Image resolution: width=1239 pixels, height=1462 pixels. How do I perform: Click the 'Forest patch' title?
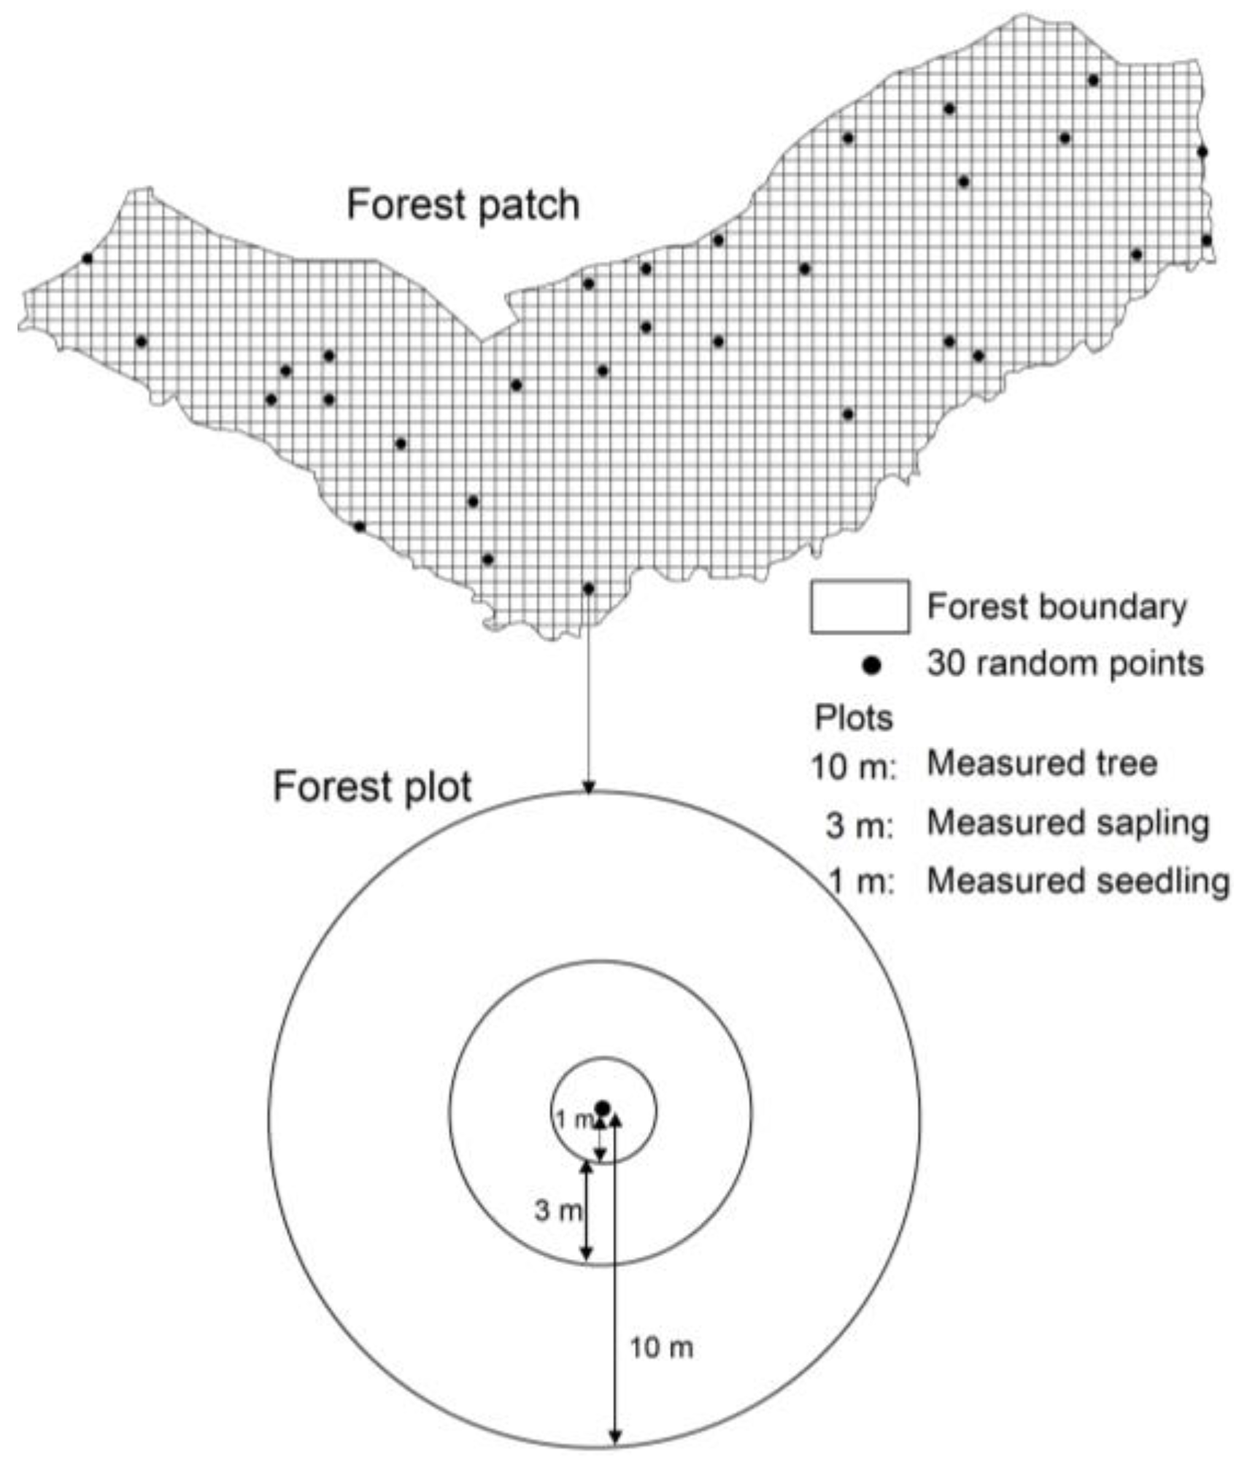point(463,205)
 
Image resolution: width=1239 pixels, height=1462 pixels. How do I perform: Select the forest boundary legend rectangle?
point(859,607)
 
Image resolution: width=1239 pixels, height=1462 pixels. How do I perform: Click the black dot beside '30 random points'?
point(871,665)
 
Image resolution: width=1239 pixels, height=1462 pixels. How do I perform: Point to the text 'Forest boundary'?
point(1057,607)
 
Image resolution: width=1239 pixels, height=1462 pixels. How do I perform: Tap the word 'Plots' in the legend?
point(853,719)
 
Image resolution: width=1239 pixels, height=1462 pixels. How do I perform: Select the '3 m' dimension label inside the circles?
point(557,1211)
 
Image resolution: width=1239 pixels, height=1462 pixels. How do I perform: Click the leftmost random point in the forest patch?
point(88,258)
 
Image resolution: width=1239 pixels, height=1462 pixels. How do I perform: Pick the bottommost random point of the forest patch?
point(589,588)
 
